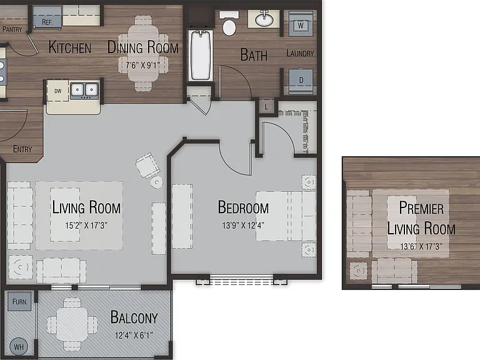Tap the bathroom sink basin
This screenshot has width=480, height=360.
click(264, 19)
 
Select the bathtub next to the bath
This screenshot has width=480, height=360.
click(201, 55)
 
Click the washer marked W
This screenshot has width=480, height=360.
click(301, 24)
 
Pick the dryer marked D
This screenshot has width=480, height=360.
click(301, 81)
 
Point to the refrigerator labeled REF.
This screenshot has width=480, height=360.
click(47, 17)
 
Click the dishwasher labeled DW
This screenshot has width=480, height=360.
click(57, 91)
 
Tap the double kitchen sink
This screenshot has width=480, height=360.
click(84, 90)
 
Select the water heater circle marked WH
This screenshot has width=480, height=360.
click(19, 346)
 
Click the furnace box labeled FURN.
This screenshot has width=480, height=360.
click(19, 301)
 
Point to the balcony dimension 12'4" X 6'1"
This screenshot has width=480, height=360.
click(134, 336)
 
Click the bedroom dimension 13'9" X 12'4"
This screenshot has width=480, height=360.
click(243, 226)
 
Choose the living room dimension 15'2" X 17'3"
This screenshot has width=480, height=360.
click(86, 226)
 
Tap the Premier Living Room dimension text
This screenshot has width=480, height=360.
click(421, 246)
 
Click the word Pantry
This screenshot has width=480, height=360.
click(12, 29)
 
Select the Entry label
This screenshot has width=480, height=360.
click(22, 149)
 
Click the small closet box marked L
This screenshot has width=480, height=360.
click(266, 106)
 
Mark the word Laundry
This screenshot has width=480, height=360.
click(300, 54)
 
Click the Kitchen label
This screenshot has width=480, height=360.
click(70, 47)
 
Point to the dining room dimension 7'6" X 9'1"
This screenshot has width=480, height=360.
click(142, 65)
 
